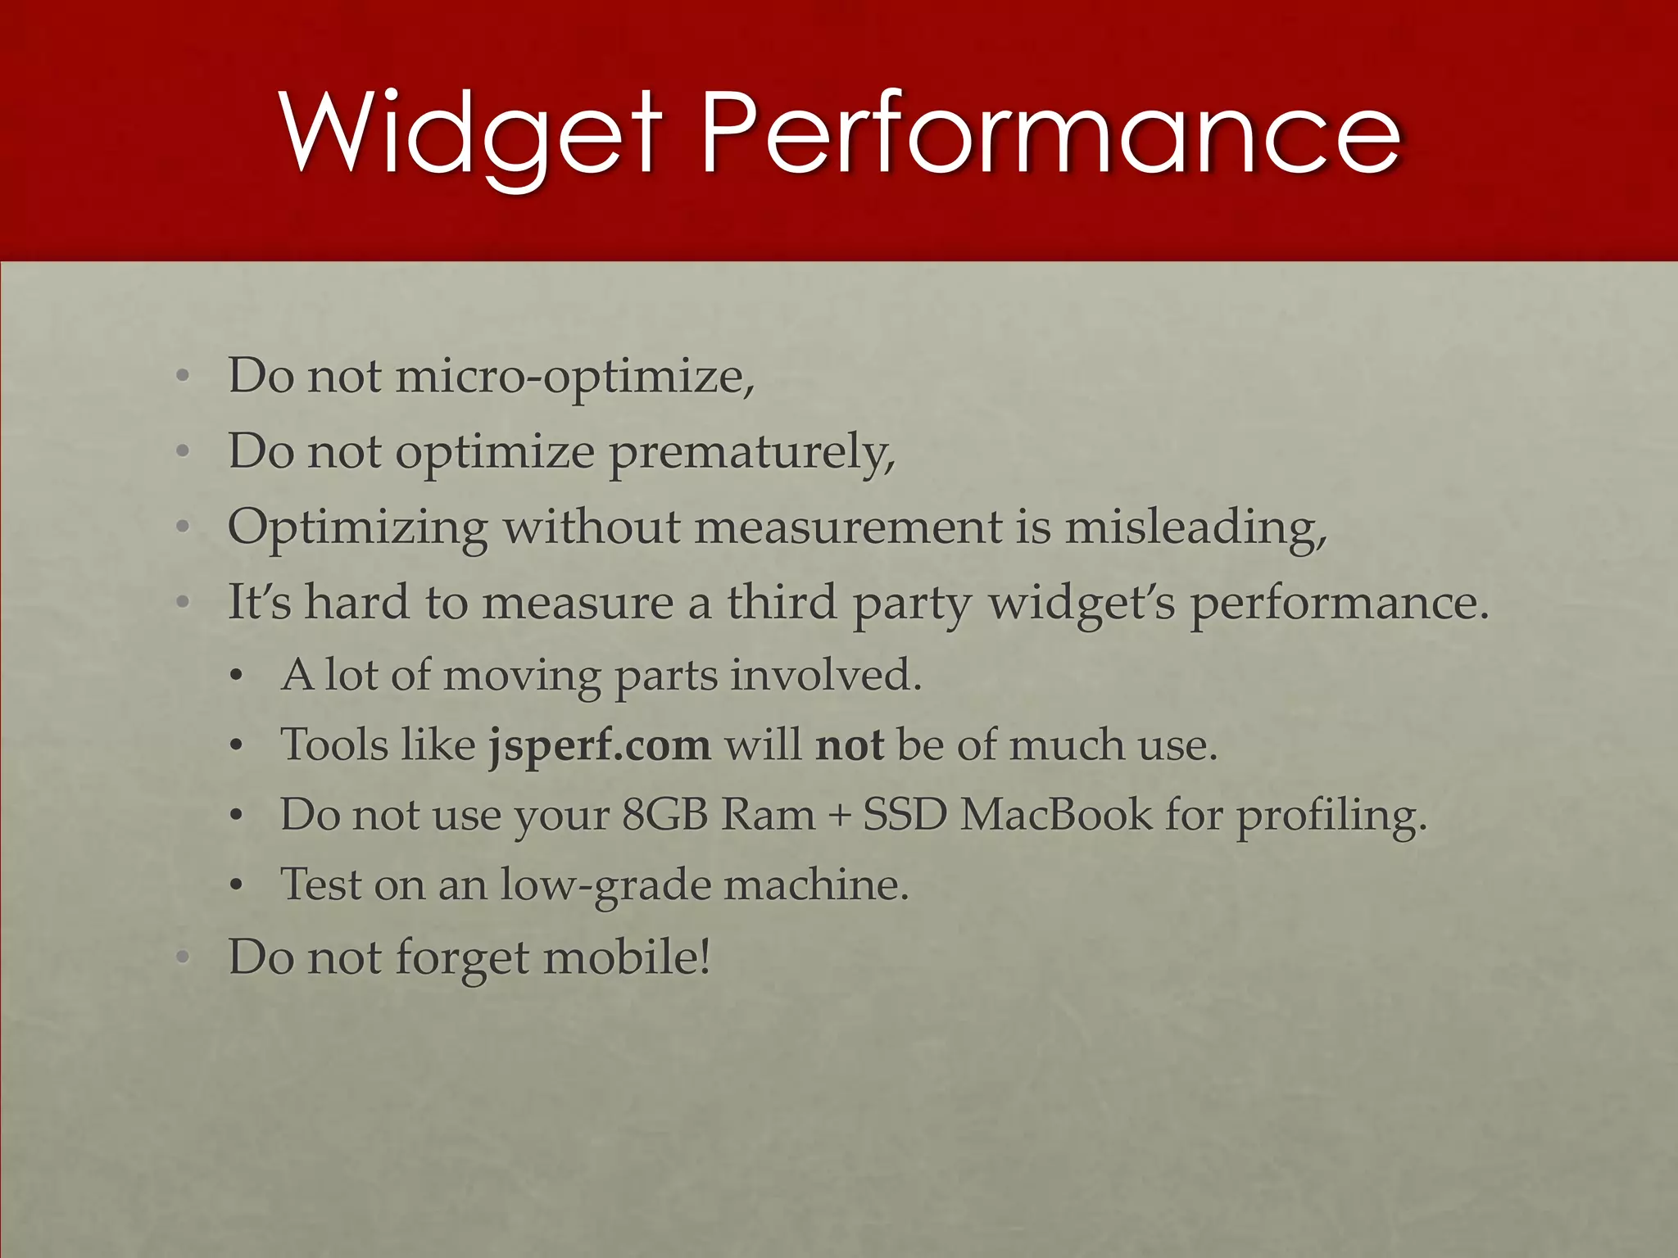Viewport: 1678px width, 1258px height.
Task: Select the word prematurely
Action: click(x=752, y=452)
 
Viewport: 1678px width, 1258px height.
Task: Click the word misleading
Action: click(x=1195, y=528)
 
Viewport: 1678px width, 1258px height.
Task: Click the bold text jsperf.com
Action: click(x=600, y=746)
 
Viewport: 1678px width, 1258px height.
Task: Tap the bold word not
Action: click(x=850, y=745)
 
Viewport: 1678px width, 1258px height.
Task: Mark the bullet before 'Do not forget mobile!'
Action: click(x=183, y=957)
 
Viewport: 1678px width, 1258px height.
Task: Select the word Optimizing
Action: click(x=357, y=528)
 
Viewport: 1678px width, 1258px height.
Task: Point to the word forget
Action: click(x=462, y=958)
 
